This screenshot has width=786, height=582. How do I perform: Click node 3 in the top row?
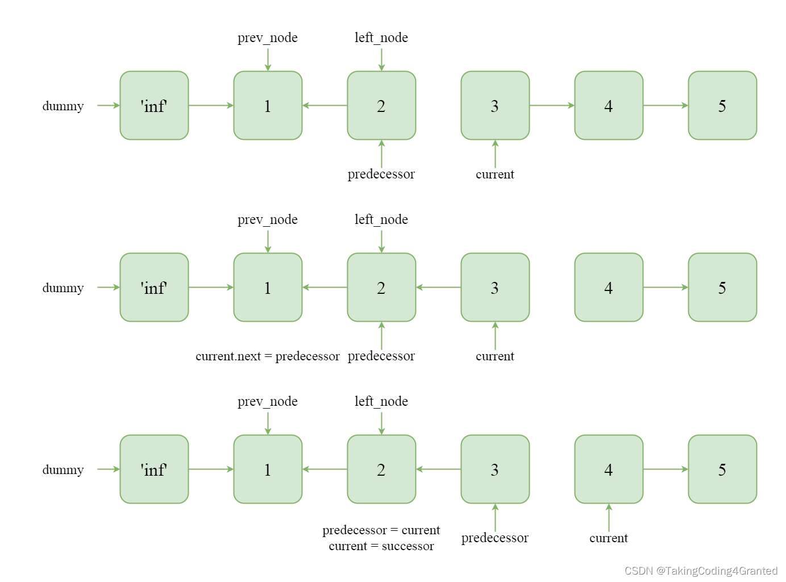(x=495, y=106)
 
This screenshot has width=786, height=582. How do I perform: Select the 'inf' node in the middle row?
(x=154, y=288)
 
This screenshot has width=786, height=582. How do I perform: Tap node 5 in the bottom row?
(x=722, y=469)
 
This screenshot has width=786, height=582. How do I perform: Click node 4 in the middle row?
(x=609, y=288)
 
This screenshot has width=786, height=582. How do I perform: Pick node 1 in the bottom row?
(x=268, y=469)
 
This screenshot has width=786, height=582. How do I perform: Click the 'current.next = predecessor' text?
(x=267, y=356)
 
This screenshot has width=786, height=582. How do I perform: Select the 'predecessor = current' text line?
(x=381, y=530)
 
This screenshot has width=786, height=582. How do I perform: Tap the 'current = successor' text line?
(x=381, y=546)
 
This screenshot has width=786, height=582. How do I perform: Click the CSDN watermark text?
(x=701, y=571)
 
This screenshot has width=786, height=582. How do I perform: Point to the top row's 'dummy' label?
(x=63, y=106)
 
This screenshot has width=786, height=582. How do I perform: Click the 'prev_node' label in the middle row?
(x=268, y=219)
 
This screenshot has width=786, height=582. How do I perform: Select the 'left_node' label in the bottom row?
(x=381, y=401)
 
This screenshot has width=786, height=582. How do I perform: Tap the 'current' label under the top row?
(x=495, y=174)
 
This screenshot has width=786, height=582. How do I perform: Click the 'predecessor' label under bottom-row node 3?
(x=495, y=538)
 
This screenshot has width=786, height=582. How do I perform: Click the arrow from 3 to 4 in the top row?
(x=552, y=106)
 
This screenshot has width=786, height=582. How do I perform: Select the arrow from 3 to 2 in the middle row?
(x=438, y=288)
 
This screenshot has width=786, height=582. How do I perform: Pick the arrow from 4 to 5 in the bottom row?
(x=666, y=469)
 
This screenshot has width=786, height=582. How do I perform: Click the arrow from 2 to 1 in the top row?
(x=325, y=106)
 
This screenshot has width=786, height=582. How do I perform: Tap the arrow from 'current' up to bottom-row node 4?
(x=609, y=517)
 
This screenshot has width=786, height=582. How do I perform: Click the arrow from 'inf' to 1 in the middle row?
(x=211, y=288)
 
